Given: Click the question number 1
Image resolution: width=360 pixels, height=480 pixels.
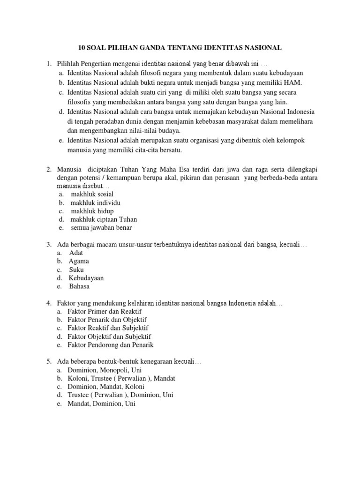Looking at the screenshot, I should (47, 63).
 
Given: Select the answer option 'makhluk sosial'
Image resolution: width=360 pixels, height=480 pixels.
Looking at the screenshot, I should (92, 194).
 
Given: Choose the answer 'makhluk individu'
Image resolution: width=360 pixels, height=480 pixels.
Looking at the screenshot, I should (95, 202).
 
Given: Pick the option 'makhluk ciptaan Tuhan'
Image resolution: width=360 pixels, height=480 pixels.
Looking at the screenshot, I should (104, 219).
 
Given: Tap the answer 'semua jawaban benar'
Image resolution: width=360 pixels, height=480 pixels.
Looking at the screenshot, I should (101, 228).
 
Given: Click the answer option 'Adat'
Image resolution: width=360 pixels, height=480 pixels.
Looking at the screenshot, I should (76, 253).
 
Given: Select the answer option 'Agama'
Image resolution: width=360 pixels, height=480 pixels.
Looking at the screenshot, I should (79, 261).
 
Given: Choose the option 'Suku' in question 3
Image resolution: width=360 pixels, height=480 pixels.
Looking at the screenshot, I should (76, 270).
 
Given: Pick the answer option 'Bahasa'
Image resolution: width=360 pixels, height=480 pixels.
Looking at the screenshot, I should (79, 286).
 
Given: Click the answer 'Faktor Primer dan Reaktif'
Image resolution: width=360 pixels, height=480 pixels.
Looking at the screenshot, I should (105, 311).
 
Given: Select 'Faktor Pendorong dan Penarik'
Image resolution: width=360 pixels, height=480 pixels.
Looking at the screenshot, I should (111, 345).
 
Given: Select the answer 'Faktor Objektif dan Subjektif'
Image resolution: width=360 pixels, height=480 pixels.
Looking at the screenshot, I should (109, 337).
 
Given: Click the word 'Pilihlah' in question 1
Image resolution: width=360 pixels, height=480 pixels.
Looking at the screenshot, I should (68, 63).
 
